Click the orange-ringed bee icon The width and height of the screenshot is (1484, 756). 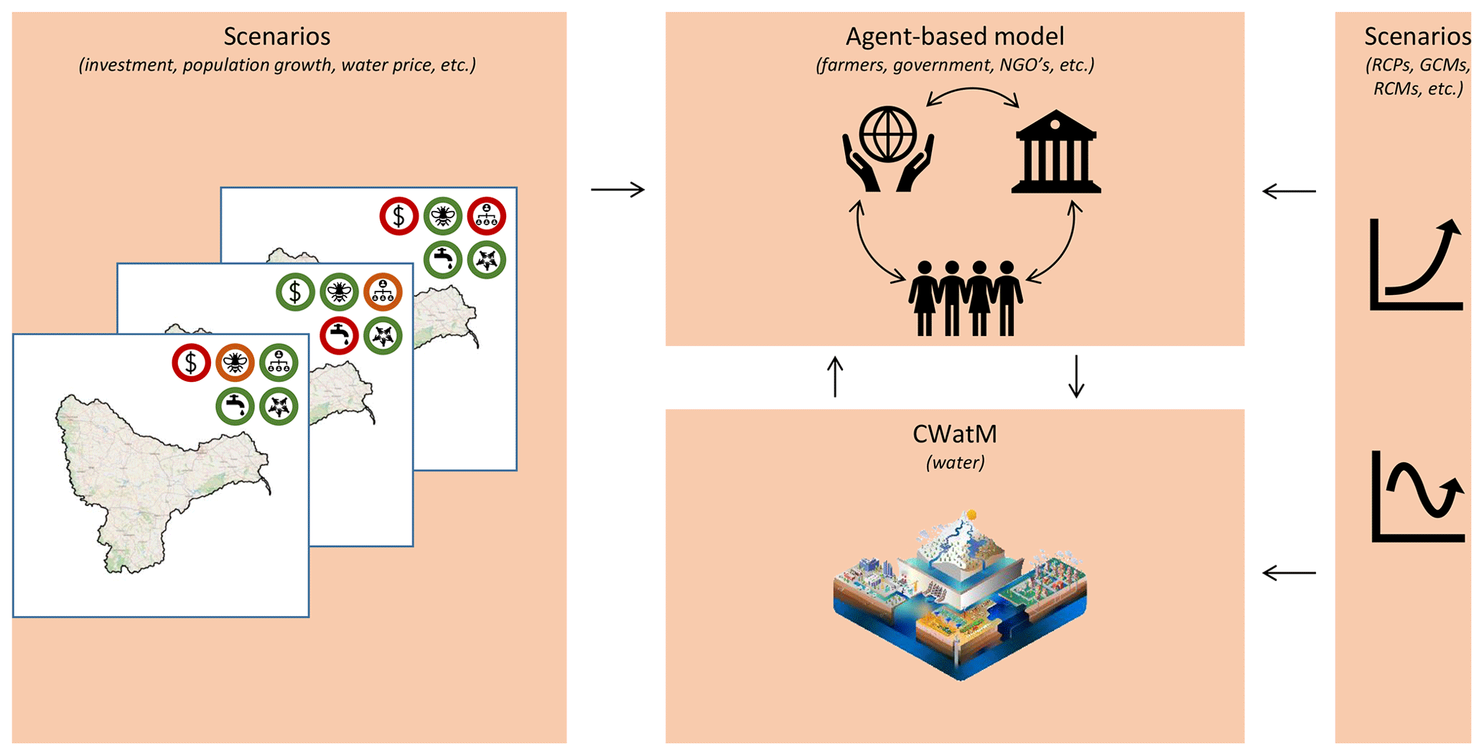pos(235,363)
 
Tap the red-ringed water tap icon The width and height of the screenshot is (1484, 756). pos(339,335)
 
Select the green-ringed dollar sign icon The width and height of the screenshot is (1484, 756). pos(295,292)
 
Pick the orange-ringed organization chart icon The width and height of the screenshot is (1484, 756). pos(383,292)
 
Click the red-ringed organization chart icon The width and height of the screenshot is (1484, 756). pos(487,216)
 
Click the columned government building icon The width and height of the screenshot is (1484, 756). pos(1055,151)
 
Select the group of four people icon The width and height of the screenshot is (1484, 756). pos(966,298)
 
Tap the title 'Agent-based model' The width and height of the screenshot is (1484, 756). pos(954,37)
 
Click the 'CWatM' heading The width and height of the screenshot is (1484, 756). pos(954,434)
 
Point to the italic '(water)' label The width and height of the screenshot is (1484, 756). pos(955,462)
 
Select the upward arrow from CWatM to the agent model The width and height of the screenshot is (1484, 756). pos(835,377)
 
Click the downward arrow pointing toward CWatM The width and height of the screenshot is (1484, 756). pos(1075,376)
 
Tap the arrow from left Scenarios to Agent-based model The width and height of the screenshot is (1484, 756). pos(617,190)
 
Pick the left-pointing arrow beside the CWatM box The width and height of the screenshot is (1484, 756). pos(1289,573)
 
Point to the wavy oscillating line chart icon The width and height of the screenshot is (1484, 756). pos(1417,497)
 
